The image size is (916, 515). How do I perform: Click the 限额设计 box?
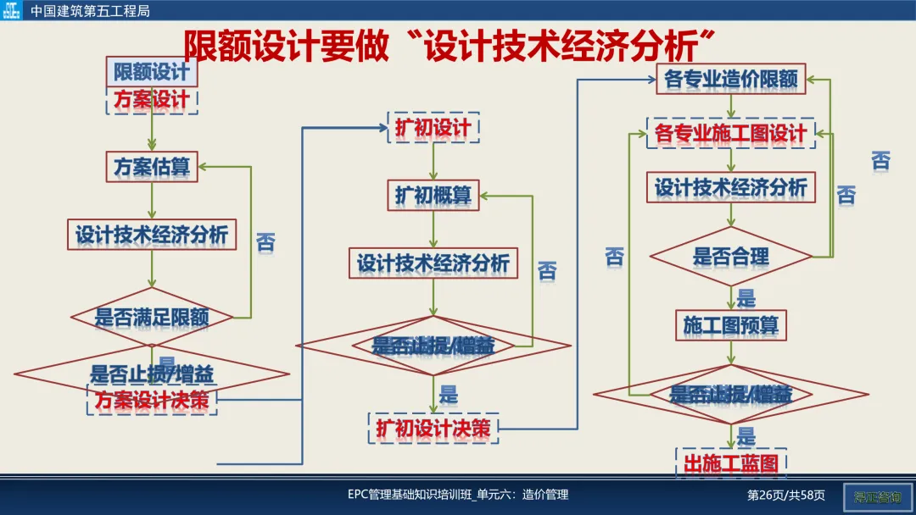[x=152, y=72]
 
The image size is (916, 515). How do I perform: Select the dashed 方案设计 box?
[x=152, y=100]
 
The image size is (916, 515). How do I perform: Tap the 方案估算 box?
[x=152, y=167]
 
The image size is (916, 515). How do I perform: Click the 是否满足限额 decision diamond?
[x=152, y=318]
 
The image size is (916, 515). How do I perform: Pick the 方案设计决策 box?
[x=152, y=400]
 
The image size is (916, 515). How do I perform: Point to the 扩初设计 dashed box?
[x=433, y=128]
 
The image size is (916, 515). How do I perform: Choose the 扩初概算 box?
[x=433, y=195]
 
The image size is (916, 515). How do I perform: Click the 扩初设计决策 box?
[x=433, y=429]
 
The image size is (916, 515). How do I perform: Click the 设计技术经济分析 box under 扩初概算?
[x=433, y=263]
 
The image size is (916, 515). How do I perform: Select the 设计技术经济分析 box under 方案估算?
[x=152, y=235]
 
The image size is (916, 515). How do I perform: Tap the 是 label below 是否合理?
[x=746, y=298]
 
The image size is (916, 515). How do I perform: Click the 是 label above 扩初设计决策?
[x=449, y=394]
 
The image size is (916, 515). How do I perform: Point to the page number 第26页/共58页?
[x=785, y=495]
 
